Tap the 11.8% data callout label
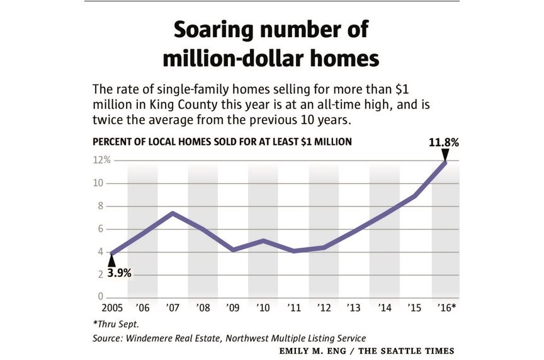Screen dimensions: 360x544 click(444, 142)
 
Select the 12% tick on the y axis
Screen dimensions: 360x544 click(102, 160)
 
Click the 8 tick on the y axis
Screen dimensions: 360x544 click(99, 206)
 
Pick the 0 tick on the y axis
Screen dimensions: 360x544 click(99, 296)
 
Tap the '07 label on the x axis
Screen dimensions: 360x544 click(173, 309)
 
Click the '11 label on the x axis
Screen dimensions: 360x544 click(293, 309)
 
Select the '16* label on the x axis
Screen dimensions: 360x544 click(445, 309)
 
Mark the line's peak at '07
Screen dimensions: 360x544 click(173, 213)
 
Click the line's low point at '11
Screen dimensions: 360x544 click(293, 251)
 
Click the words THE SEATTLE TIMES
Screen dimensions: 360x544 click(415, 351)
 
